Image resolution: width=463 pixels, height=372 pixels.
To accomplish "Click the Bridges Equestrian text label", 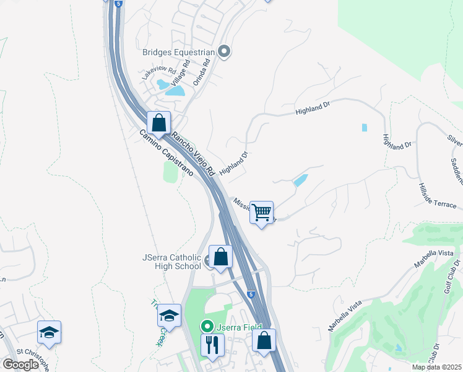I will coord(179,53).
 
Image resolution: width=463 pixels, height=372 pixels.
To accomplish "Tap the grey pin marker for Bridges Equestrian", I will coord(224,53).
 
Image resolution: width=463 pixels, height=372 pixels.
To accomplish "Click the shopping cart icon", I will coord(262,213).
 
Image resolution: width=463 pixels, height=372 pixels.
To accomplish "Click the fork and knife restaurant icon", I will coord(212,344).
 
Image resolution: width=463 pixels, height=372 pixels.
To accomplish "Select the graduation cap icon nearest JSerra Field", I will coord(169,316).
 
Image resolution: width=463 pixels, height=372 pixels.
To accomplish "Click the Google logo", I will coord(20,365).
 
